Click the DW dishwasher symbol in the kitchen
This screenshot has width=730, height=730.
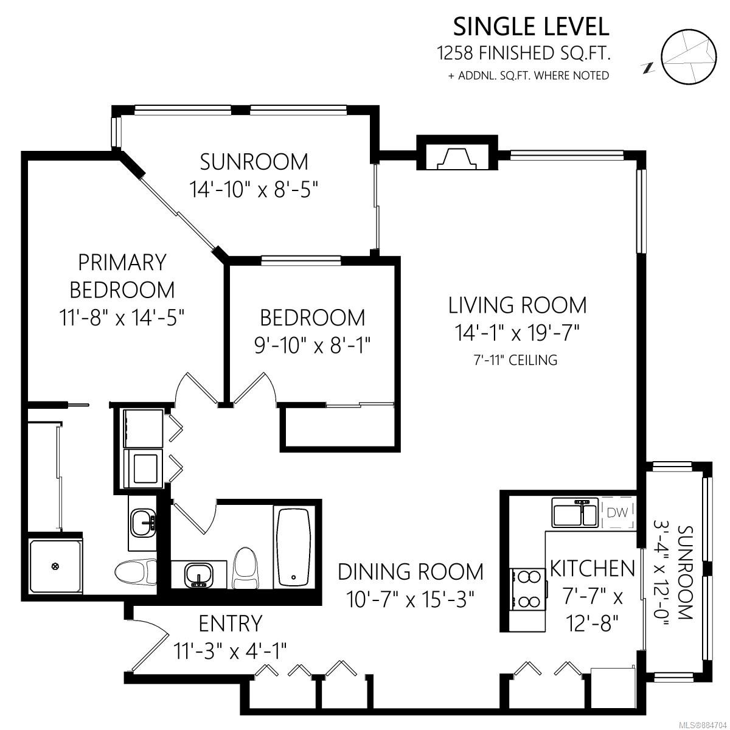(617, 512)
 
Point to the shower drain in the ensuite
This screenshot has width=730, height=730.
(55, 567)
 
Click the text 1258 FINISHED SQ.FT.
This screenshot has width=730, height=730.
(523, 53)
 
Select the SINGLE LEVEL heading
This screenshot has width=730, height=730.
(531, 27)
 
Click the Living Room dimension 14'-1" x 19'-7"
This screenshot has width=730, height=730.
(517, 333)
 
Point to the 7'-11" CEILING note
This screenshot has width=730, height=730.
(516, 360)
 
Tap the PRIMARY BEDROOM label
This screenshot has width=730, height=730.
(122, 276)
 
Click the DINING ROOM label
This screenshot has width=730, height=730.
(411, 572)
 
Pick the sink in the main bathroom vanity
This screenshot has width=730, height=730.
(198, 575)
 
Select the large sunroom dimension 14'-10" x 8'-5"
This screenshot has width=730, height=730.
(254, 189)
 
